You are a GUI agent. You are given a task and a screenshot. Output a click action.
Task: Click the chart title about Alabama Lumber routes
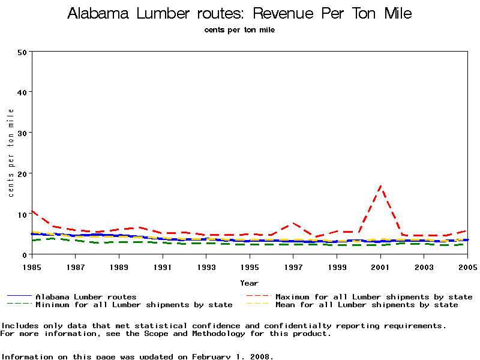point(239,14)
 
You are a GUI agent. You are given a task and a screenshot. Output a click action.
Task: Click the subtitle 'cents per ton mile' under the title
point(239,29)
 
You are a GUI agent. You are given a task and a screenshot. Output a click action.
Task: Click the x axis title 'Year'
point(249,283)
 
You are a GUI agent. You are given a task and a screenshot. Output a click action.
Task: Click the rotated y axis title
point(11,153)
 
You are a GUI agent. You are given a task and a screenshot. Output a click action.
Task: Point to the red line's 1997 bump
point(293,223)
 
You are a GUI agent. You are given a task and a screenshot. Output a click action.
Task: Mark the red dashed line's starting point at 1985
point(32,211)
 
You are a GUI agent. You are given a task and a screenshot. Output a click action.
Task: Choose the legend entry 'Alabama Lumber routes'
point(86,296)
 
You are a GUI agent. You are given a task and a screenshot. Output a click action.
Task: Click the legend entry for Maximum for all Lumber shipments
point(373,296)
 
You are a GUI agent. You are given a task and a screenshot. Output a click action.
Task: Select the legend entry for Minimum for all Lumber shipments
point(134,305)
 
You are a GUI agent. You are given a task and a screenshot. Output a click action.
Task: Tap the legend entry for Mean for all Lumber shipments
point(366,305)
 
